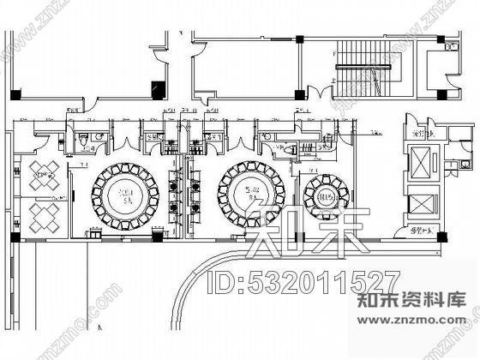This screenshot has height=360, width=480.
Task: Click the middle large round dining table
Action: tap(254, 190)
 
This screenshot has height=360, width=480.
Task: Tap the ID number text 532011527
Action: tap(301, 280)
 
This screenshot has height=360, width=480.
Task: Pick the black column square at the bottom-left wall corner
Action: tap(14, 237)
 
